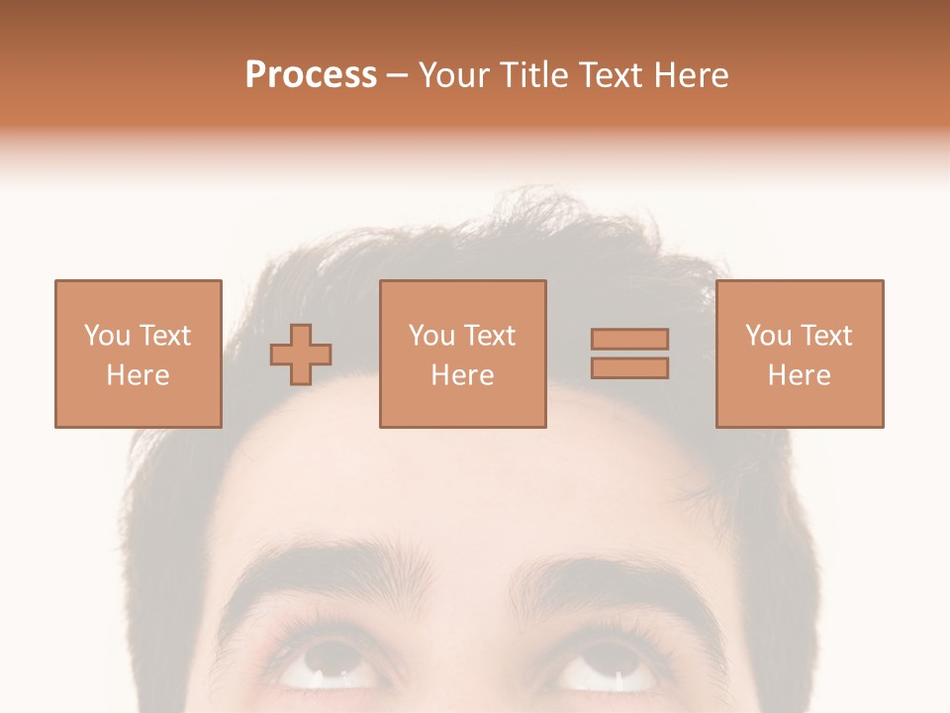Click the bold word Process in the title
coord(311,75)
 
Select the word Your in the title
coord(456,75)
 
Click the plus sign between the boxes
coord(301,355)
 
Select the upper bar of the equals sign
coord(629,339)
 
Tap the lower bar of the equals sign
coord(629,368)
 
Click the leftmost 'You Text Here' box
coord(138,354)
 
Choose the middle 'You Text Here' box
coord(462,354)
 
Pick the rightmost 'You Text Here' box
coord(799,354)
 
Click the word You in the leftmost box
coord(106,336)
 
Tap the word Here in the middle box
coord(462,375)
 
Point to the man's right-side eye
coord(606,671)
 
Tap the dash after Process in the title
coord(397,76)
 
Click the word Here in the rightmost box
coord(799,375)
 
